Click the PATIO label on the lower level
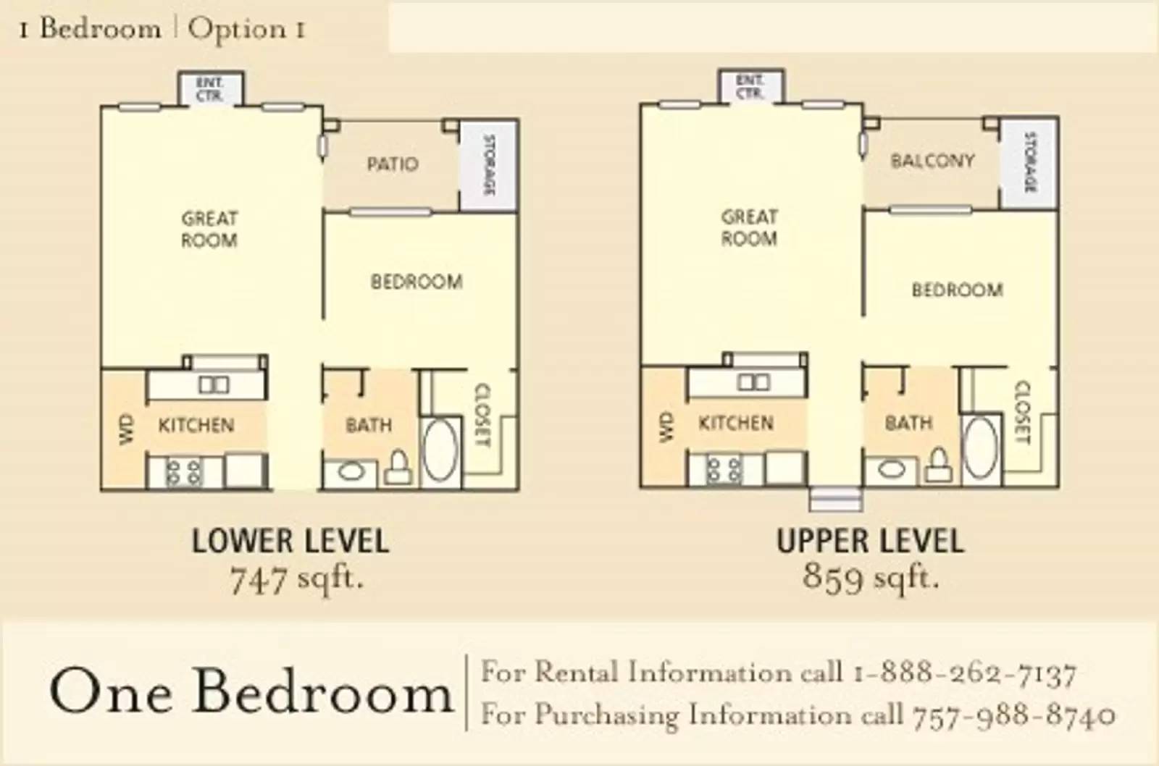[393, 164]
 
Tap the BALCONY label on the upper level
[932, 161]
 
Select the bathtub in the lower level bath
[440, 451]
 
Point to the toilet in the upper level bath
[937, 466]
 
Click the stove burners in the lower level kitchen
[184, 472]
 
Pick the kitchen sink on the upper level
[754, 383]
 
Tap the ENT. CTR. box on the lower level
[210, 89]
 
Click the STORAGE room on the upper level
[1029, 163]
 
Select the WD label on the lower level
[126, 429]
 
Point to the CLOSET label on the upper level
[1024, 412]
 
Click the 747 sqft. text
[297, 579]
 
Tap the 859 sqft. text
[871, 577]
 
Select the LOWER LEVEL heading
[290, 542]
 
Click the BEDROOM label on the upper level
[957, 290]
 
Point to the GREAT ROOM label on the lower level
[209, 229]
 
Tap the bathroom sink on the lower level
[351, 472]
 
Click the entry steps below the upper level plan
[836, 500]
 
